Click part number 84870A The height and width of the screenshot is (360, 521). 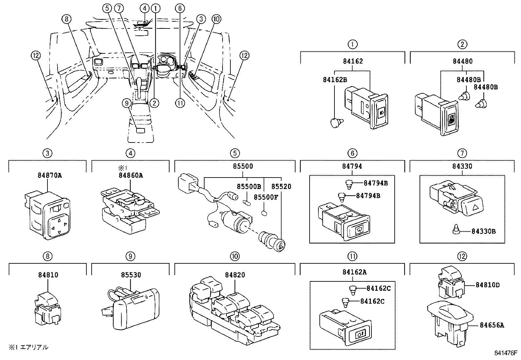click(48, 175)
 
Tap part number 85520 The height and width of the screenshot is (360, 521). click(281, 186)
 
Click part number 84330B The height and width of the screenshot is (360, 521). click(483, 231)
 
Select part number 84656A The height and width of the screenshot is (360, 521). click(492, 325)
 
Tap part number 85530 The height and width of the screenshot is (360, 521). click(130, 275)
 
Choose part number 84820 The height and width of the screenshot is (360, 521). click(235, 275)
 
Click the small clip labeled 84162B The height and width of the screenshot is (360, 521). click(336, 123)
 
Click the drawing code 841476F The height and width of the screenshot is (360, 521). click(506, 354)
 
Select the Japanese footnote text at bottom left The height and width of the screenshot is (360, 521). click(28, 347)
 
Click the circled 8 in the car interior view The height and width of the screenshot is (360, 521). click(66, 19)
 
